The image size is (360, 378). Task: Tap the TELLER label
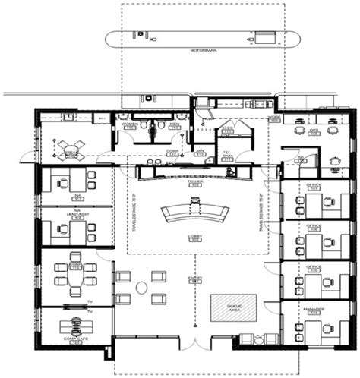(x=195, y=183)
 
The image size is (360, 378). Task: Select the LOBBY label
(x=194, y=238)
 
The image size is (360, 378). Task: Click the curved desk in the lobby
(x=195, y=212)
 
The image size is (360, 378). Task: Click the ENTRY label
(x=195, y=279)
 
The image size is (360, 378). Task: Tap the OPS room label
(x=313, y=131)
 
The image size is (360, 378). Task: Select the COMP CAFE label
(x=76, y=341)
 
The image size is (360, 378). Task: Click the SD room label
(x=302, y=159)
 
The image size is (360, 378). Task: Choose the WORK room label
(x=273, y=118)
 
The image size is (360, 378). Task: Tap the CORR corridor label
(x=172, y=152)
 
